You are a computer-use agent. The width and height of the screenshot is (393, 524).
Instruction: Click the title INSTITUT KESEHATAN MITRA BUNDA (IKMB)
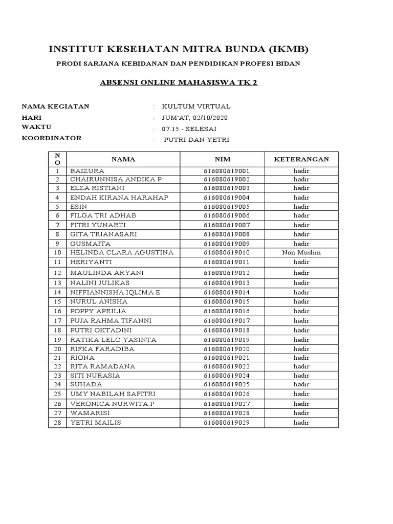(x=179, y=49)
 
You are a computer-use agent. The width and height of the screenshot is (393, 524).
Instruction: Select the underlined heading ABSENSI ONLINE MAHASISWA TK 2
(x=178, y=82)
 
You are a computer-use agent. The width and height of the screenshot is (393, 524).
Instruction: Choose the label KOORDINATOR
(x=51, y=138)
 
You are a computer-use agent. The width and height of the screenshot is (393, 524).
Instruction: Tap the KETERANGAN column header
(x=301, y=159)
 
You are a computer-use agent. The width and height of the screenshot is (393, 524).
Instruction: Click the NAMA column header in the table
(x=123, y=159)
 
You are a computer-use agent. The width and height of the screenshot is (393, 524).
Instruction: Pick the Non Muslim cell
(x=301, y=253)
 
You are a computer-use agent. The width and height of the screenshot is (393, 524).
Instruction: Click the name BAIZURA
(x=87, y=170)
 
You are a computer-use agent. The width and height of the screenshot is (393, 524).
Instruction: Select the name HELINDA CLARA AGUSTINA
(x=122, y=253)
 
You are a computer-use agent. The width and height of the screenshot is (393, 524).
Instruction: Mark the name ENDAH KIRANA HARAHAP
(x=119, y=198)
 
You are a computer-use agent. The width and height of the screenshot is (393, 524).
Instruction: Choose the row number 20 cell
(x=58, y=349)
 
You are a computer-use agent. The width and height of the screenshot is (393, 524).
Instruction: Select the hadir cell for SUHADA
(x=301, y=384)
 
